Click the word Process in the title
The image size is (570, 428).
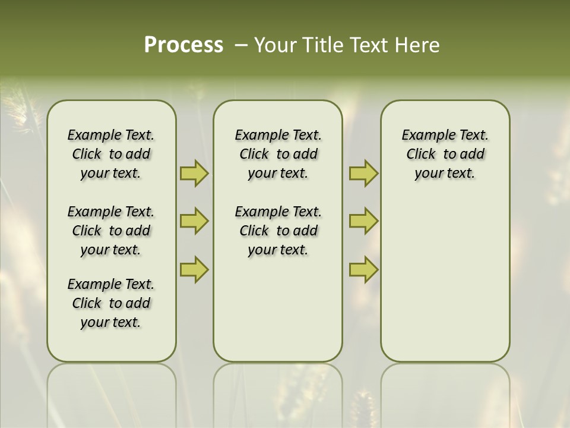pyautogui.click(x=183, y=45)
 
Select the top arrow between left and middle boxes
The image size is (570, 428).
pyautogui.click(x=194, y=173)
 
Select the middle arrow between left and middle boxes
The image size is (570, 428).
pyautogui.click(x=194, y=221)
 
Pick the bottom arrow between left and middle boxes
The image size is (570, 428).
pyautogui.click(x=194, y=270)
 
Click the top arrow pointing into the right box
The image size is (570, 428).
pyautogui.click(x=363, y=173)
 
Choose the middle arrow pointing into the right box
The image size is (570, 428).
pyautogui.click(x=363, y=221)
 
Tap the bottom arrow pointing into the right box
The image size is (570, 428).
pyautogui.click(x=363, y=270)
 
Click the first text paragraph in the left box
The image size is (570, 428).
pyautogui.click(x=111, y=154)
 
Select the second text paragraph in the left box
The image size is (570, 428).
pyautogui.click(x=111, y=231)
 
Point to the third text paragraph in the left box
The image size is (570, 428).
pyautogui.click(x=111, y=303)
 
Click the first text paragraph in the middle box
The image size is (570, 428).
pyautogui.click(x=278, y=154)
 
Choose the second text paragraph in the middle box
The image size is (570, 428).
pyautogui.click(x=278, y=231)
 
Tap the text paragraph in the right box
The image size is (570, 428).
pyautogui.click(x=445, y=154)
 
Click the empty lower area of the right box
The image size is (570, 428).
pyautogui.click(x=445, y=285)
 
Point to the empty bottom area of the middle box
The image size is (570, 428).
pyautogui.click(x=278, y=315)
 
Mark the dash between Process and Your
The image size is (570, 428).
pyautogui.click(x=241, y=45)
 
